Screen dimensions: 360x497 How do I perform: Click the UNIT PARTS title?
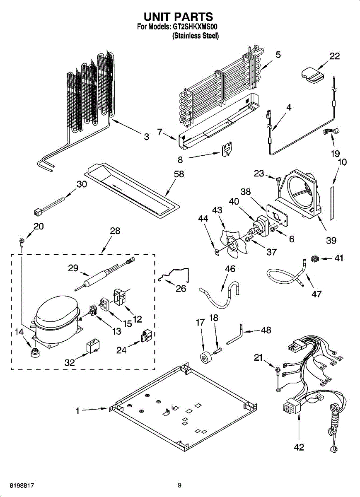pos(178,17)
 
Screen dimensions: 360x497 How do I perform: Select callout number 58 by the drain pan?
pos(179,174)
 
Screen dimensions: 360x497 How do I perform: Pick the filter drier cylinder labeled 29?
pos(104,274)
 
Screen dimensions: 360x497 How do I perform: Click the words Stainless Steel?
pos(196,36)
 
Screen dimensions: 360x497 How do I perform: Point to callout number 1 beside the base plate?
pos(77,411)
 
